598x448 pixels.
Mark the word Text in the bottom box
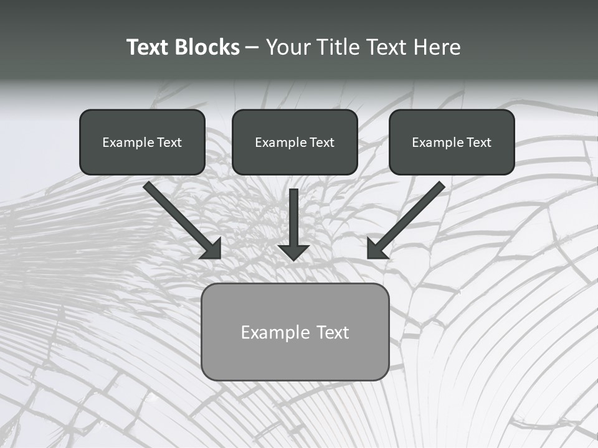click(333, 332)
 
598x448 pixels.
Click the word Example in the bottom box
click(275, 332)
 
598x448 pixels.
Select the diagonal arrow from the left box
click(181, 218)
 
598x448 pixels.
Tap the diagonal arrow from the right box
click(408, 218)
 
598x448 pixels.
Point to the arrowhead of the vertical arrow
click(293, 252)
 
